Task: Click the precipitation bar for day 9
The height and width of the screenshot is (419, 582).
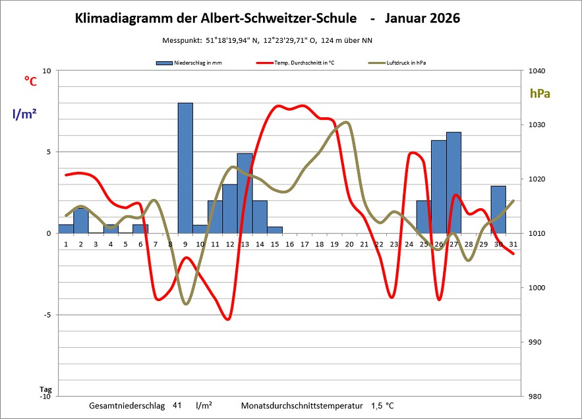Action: tap(185, 168)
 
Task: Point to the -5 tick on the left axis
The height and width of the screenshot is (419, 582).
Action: tap(46, 315)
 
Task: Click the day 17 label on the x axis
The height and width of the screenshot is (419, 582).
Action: tap(305, 244)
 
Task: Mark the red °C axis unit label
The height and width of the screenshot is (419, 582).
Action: tap(30, 81)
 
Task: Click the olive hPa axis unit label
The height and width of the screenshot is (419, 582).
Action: tap(540, 94)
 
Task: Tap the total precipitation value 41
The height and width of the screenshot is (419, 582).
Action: tap(177, 406)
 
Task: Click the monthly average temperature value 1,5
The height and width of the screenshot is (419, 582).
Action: tap(376, 406)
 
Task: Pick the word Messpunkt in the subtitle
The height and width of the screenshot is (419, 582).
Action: tap(182, 40)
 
